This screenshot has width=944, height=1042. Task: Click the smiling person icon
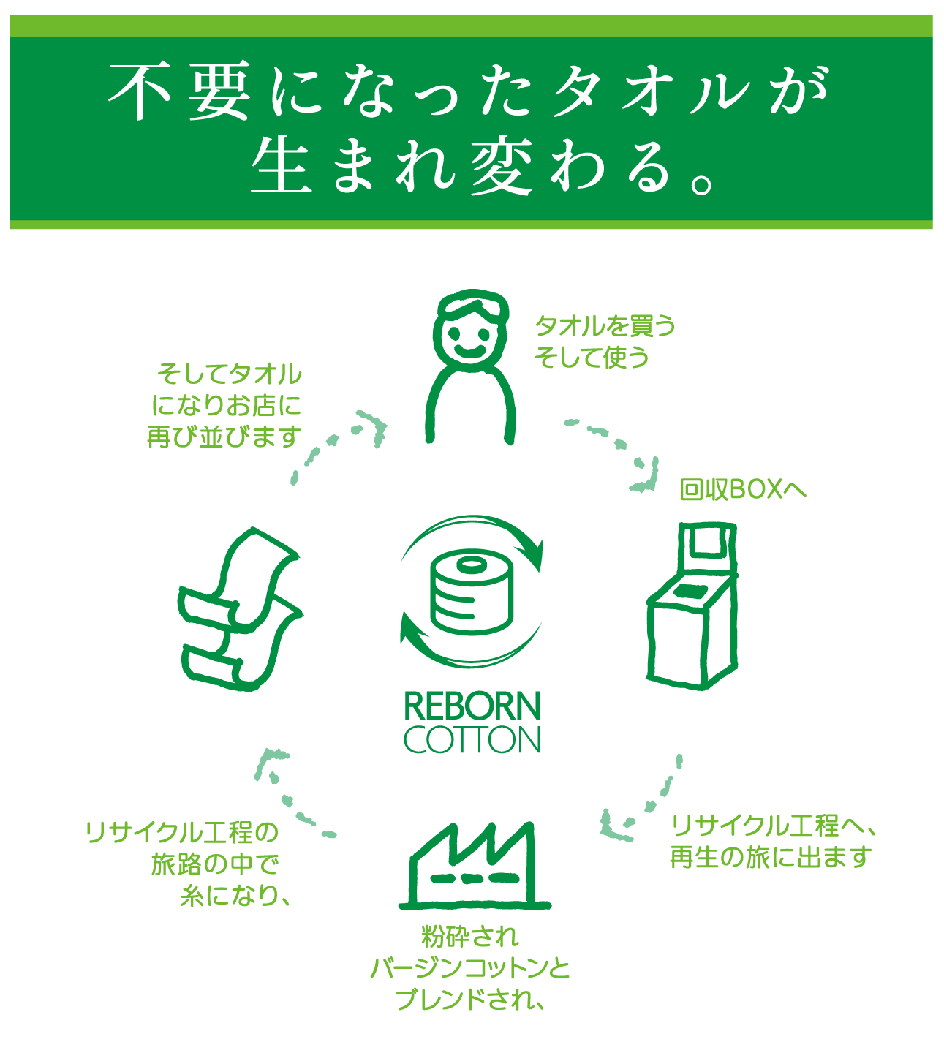pyautogui.click(x=469, y=366)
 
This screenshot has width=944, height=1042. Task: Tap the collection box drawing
pyautogui.click(x=691, y=607)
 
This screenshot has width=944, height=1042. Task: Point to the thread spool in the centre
pyautogui.click(x=472, y=592)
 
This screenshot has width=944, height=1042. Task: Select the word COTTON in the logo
pyautogui.click(x=472, y=740)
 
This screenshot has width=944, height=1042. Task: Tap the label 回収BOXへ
pyautogui.click(x=742, y=489)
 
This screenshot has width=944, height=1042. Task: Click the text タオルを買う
pyautogui.click(x=605, y=325)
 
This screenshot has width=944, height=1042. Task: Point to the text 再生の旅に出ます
pyautogui.click(x=771, y=857)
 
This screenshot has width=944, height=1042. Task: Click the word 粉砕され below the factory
pyautogui.click(x=470, y=936)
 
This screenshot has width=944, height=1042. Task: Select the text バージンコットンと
pyautogui.click(x=470, y=968)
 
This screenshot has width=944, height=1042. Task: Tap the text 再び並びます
pyautogui.click(x=224, y=437)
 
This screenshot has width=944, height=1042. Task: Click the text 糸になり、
pyautogui.click(x=235, y=896)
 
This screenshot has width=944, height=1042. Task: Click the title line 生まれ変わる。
pyautogui.click(x=483, y=167)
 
